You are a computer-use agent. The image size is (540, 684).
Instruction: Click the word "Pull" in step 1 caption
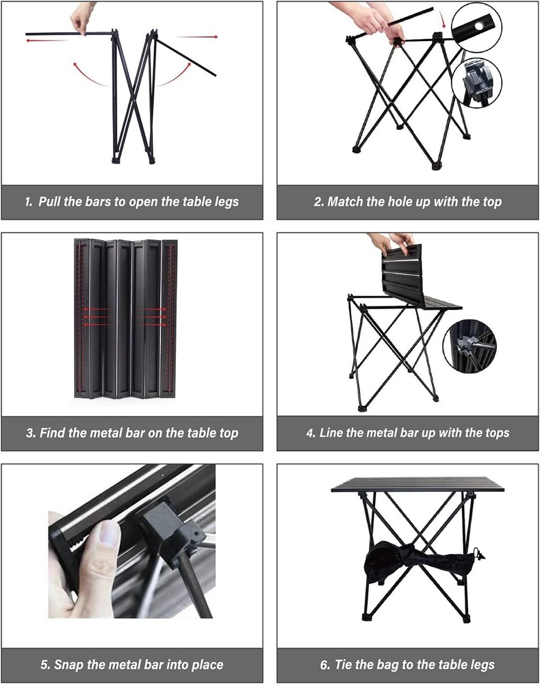(x=51, y=202)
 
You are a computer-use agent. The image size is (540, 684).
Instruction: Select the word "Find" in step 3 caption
(x=55, y=433)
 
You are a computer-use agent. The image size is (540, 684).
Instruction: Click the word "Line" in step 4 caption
(x=334, y=433)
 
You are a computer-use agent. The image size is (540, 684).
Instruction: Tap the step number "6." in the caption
(x=324, y=664)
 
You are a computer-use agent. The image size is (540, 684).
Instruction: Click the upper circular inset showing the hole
(x=476, y=27)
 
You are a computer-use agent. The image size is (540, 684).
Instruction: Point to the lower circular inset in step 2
(x=476, y=82)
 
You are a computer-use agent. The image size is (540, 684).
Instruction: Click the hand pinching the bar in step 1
(x=83, y=17)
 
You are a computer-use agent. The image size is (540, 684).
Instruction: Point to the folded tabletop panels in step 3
(x=125, y=318)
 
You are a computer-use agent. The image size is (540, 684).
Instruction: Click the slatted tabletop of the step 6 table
(x=417, y=484)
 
